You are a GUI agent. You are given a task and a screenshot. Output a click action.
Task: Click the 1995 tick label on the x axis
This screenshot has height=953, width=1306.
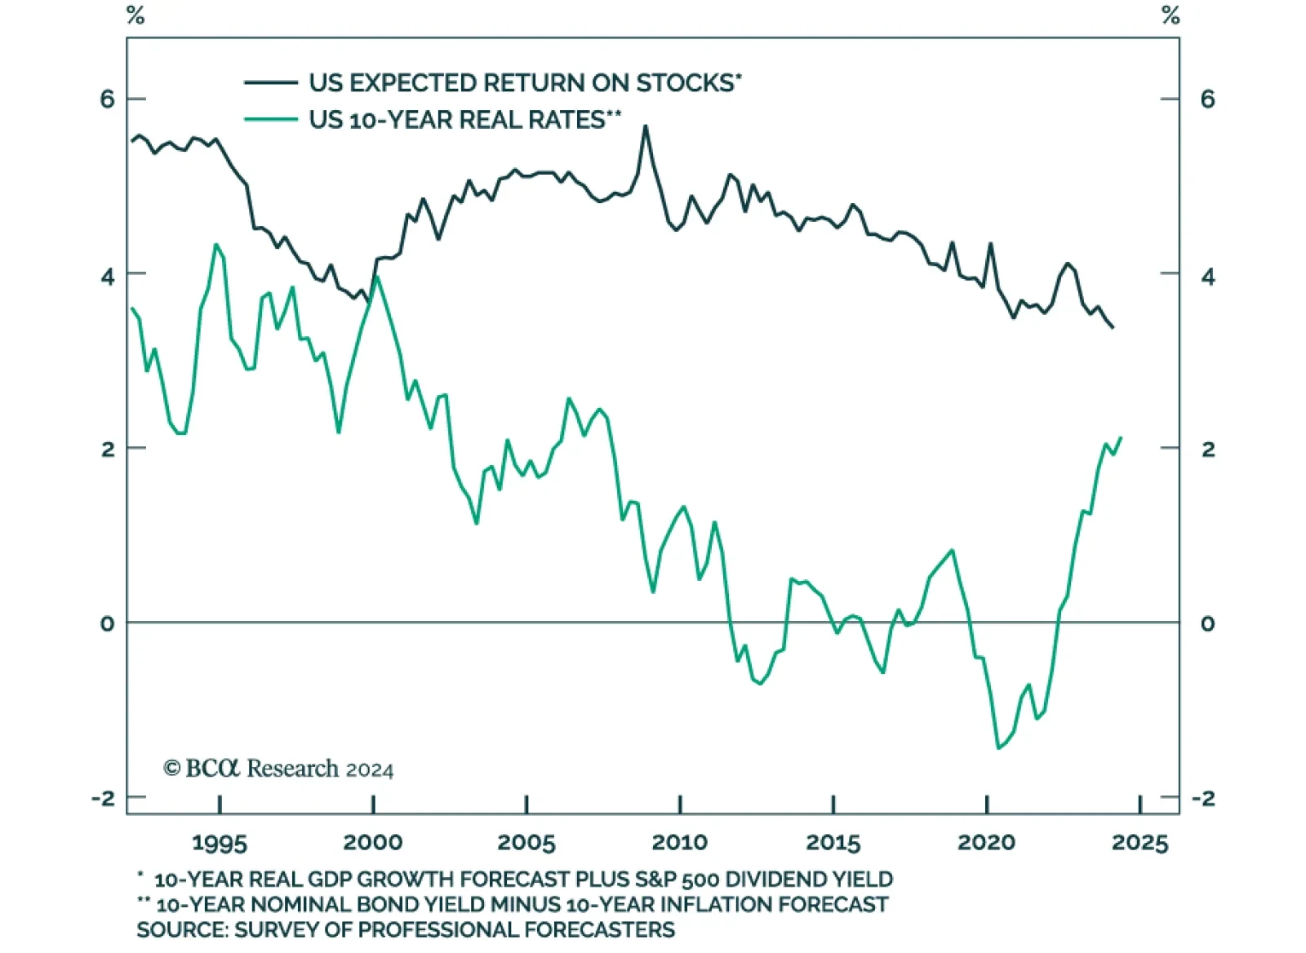220,842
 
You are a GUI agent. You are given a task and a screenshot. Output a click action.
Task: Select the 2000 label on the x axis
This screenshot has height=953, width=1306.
373,842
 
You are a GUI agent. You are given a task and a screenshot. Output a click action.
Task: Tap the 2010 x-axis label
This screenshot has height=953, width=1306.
679,842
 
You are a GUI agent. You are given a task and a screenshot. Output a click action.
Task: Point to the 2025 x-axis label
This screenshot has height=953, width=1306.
1140,842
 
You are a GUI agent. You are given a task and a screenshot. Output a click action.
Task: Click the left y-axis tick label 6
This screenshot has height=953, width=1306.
107,99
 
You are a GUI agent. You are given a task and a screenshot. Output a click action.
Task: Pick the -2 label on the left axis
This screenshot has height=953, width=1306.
104,798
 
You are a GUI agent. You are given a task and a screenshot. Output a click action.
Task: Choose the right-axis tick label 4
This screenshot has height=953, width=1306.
1208,277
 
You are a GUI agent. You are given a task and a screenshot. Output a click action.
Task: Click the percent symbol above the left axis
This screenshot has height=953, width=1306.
135,16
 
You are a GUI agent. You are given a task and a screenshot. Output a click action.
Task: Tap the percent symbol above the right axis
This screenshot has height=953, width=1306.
1171,16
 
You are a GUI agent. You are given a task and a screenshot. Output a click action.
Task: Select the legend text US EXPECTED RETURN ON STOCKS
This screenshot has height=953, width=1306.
523,83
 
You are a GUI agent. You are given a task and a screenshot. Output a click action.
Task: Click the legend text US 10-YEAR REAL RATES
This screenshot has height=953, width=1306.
462,120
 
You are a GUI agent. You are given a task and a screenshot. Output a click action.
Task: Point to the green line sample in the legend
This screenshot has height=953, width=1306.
271,120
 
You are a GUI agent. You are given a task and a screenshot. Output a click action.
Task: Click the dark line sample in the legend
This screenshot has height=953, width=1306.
271,82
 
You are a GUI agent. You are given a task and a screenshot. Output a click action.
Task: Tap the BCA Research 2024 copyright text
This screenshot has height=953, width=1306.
278,769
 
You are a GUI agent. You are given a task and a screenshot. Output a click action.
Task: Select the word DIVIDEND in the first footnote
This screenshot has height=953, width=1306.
776,880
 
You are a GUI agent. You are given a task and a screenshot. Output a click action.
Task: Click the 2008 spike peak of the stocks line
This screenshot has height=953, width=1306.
645,126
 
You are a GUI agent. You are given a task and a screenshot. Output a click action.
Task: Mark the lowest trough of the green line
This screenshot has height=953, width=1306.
998,747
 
